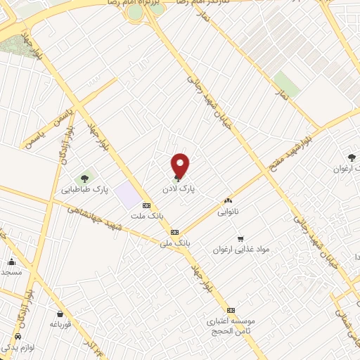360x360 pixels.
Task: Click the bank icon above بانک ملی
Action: [175, 232]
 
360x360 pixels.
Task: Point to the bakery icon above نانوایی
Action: [228, 200]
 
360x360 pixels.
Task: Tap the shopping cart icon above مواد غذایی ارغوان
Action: [241, 238]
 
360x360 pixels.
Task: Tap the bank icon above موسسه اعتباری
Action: [231, 310]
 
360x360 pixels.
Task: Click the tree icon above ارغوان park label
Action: [351, 157]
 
